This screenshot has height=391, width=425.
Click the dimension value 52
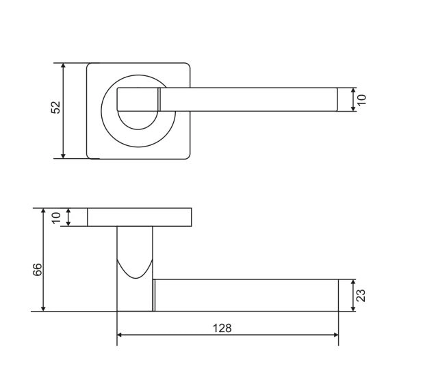[x=56, y=107]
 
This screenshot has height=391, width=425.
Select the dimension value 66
[x=38, y=270]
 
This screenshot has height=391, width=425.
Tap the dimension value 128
[x=222, y=328]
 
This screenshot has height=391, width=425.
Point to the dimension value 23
[x=361, y=295]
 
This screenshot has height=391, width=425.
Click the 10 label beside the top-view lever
[x=361, y=99]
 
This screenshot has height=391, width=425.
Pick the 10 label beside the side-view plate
[x=56, y=218]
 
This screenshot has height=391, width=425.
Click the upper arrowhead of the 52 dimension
[x=63, y=66]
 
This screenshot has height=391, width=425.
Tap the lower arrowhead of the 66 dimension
[x=43, y=308]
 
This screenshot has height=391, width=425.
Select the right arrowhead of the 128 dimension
[x=335, y=335]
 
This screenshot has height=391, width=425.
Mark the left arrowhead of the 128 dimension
[x=120, y=335]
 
